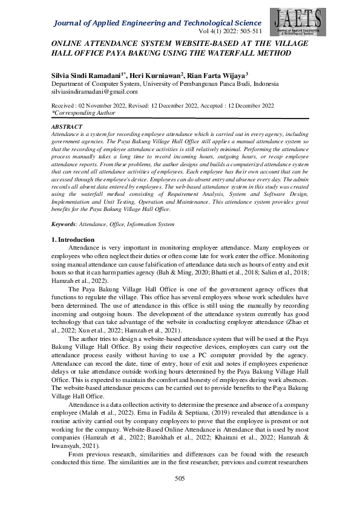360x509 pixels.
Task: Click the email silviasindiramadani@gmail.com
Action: point(94,92)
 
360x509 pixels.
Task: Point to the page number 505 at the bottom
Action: point(180,479)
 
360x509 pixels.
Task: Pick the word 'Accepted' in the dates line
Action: point(212,105)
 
